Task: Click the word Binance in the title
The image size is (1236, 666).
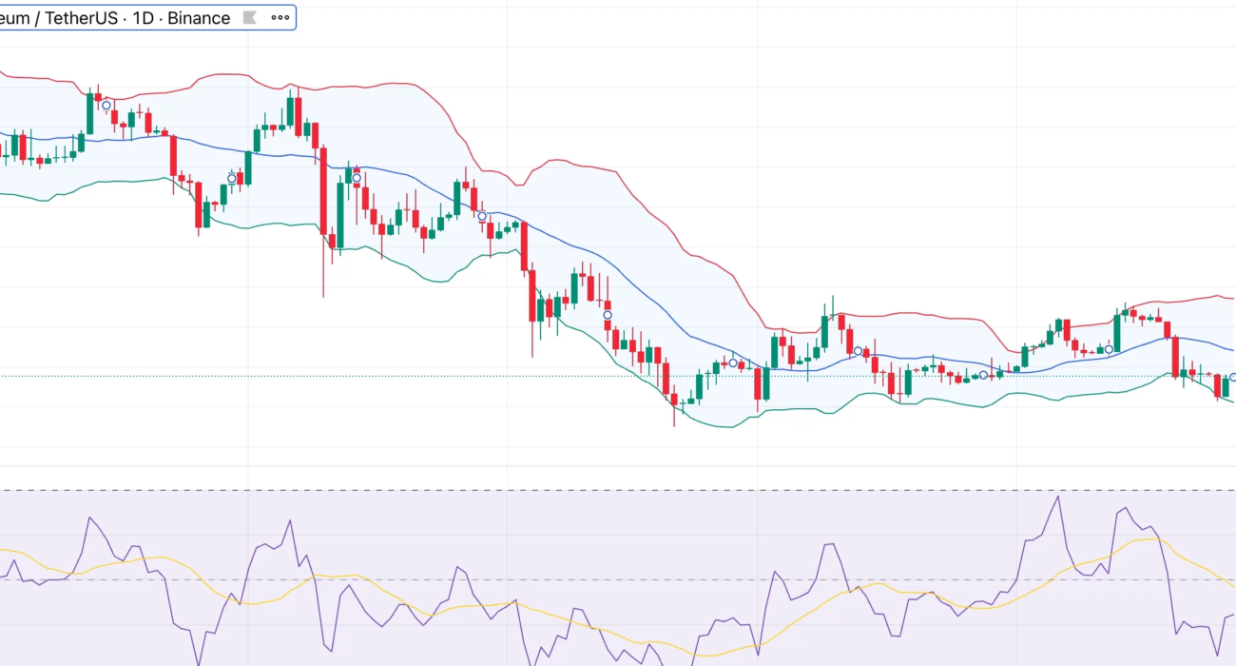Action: coord(199,18)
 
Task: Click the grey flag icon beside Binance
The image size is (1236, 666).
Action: coord(249,18)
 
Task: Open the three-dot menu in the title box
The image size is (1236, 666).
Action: coord(280,18)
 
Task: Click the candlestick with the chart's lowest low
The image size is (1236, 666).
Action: coord(674,404)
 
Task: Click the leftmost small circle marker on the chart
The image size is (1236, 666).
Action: coord(106,106)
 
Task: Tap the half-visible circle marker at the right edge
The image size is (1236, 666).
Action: coord(1232,378)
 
